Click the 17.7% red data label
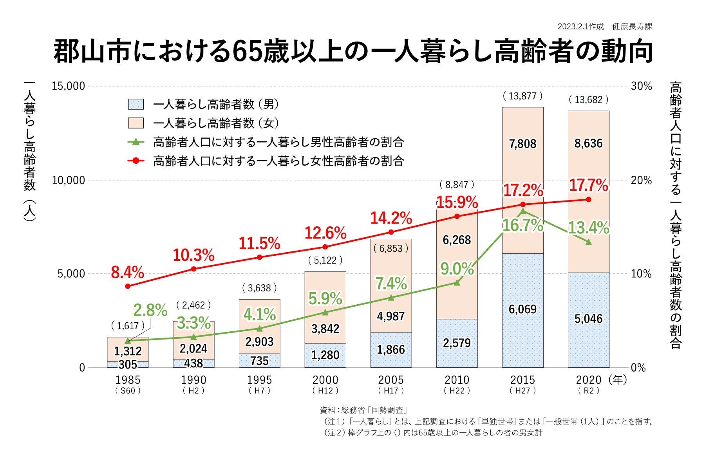pos(588,185)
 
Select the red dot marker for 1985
pos(128,286)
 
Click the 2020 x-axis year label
pos(588,380)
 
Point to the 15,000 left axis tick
pos(69,86)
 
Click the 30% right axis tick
pos(641,86)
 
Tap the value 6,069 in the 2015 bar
pos(522,309)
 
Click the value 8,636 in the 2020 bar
pos(588,143)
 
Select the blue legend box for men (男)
pos(136,104)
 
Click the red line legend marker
pos(136,161)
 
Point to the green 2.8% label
pos(150,311)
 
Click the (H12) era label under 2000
pos(325,390)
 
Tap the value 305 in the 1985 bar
pos(128,365)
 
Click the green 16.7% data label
pos(522,226)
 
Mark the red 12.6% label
pos(325,233)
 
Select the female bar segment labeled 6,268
pos(457,240)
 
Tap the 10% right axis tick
pos(641,274)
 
